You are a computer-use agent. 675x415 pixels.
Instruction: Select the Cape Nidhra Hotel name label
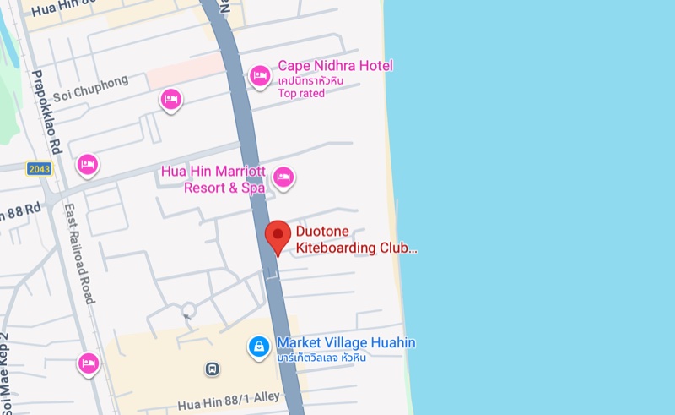pyautogui.click(x=335, y=66)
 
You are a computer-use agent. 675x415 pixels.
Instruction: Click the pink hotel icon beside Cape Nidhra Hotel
pyautogui.click(x=260, y=77)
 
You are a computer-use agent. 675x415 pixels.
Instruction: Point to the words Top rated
pyautogui.click(x=301, y=93)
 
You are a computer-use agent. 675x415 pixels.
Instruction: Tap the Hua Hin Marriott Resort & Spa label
pyautogui.click(x=213, y=179)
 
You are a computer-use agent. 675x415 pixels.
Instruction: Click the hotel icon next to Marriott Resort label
pyautogui.click(x=283, y=177)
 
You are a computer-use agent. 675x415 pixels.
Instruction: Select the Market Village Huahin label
pyautogui.click(x=346, y=343)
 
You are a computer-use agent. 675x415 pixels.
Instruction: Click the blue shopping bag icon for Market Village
pyautogui.click(x=258, y=345)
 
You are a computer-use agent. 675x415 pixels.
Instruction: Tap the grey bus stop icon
pyautogui.click(x=213, y=369)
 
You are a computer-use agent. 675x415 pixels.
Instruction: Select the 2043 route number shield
pyautogui.click(x=39, y=169)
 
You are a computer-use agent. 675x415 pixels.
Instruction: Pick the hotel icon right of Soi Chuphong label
pyautogui.click(x=171, y=100)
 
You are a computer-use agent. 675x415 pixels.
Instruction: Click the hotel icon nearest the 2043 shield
pyautogui.click(x=87, y=163)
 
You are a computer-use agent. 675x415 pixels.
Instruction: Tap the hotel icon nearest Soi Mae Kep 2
pyautogui.click(x=88, y=363)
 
